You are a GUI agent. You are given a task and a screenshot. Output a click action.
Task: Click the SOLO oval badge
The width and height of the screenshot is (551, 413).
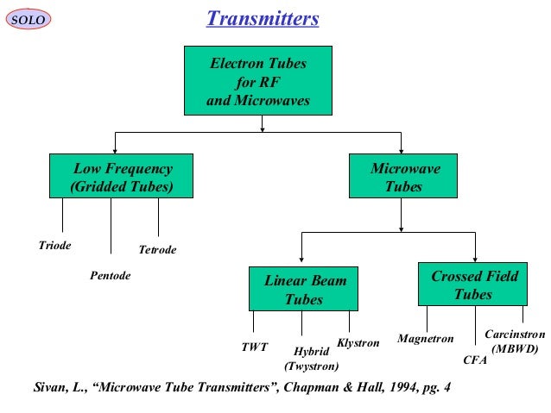(x=28, y=19)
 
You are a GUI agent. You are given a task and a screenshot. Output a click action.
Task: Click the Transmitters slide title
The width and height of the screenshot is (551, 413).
(x=263, y=18)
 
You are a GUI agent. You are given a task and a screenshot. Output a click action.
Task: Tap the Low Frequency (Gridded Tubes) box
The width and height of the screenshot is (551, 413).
(x=122, y=177)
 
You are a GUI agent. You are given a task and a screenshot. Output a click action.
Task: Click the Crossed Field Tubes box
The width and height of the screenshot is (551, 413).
(x=473, y=285)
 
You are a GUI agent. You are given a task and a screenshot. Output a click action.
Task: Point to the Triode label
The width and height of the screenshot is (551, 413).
(x=55, y=246)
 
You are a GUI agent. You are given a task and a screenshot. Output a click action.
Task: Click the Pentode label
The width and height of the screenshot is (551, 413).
(x=110, y=277)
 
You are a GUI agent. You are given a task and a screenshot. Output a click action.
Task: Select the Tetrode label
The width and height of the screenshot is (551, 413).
(x=157, y=250)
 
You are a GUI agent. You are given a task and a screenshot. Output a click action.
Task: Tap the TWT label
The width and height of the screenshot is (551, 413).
(x=254, y=348)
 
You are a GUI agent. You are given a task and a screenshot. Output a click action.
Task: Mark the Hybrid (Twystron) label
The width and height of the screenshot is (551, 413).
(x=312, y=359)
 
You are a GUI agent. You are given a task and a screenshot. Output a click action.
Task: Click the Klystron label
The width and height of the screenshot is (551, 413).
(x=358, y=343)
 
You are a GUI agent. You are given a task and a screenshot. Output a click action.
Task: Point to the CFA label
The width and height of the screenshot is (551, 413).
(x=475, y=360)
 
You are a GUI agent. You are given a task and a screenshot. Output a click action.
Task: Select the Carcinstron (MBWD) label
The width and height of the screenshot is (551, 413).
(x=515, y=341)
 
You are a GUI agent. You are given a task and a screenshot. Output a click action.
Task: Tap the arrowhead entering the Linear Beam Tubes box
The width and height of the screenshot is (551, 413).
(x=301, y=261)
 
